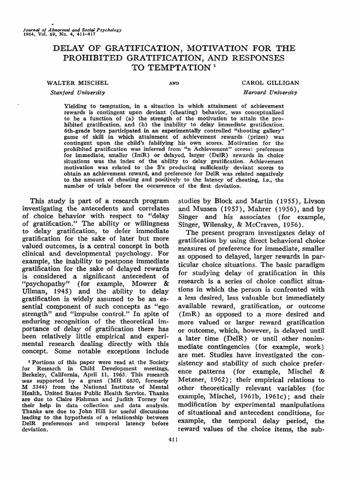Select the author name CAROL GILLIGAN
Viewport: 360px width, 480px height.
(x=270, y=82)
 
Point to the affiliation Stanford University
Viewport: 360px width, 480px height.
(x=77, y=92)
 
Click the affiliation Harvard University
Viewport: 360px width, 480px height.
(x=270, y=92)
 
